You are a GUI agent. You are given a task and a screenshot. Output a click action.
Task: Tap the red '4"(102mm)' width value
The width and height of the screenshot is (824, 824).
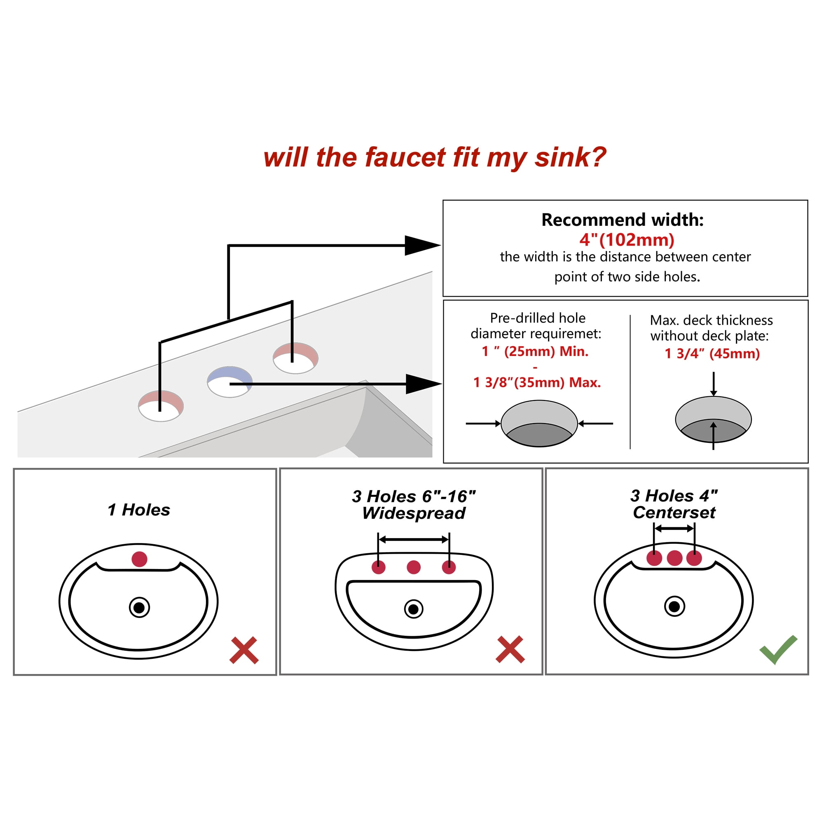tap(627, 240)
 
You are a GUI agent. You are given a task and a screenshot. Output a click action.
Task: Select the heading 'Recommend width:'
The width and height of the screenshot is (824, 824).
tap(623, 220)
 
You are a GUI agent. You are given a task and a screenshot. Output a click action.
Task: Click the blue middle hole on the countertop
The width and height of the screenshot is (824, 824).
tap(230, 382)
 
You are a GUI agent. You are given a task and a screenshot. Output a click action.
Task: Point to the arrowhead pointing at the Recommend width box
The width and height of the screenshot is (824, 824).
tap(423, 245)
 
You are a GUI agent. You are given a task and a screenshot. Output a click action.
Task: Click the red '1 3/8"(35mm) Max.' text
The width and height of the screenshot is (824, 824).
tap(537, 383)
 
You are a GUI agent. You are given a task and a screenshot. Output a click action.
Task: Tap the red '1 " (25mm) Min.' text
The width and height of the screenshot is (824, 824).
tap(535, 351)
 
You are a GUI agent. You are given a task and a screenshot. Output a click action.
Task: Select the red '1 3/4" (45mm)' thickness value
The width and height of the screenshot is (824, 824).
tap(712, 353)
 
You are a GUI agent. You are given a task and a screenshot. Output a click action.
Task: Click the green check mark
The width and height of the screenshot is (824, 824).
tap(778, 649)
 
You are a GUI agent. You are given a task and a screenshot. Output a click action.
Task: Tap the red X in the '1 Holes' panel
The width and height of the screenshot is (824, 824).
tap(244, 651)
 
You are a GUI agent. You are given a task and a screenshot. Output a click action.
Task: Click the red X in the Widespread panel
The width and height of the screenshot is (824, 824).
tap(510, 650)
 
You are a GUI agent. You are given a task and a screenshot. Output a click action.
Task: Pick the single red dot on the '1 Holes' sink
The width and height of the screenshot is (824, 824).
tap(140, 559)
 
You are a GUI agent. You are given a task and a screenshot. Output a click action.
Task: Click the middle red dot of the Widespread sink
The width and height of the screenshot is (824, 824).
tap(414, 567)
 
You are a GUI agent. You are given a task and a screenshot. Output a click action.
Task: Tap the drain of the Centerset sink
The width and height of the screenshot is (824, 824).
tap(675, 606)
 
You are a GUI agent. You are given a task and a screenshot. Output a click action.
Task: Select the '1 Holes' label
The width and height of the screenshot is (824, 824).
tap(138, 510)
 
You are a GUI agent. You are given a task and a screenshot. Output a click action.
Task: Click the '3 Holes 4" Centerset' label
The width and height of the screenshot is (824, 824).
tap(674, 504)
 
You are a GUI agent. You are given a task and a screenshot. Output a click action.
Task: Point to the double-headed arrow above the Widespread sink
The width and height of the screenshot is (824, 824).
tap(414, 540)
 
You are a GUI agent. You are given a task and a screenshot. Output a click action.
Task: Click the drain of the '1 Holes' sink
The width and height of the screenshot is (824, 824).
tap(140, 608)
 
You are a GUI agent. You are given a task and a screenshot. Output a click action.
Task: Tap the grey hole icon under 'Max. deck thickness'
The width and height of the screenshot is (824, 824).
tap(713, 420)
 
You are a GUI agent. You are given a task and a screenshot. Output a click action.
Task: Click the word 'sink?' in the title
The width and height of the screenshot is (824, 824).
tap(571, 157)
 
